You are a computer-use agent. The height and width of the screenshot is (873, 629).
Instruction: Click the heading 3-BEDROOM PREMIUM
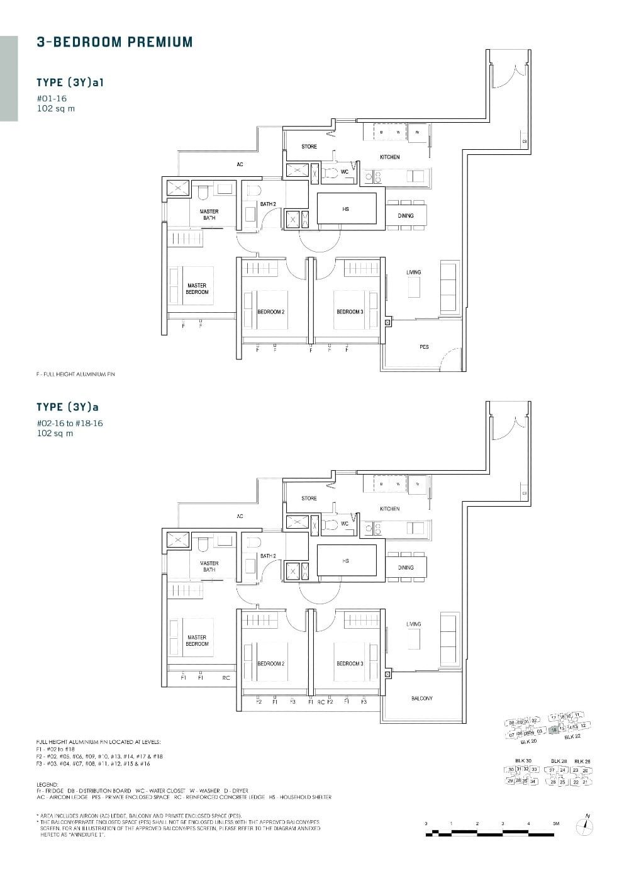pyautogui.click(x=114, y=42)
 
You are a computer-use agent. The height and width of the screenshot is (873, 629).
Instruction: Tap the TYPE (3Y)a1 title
pyautogui.click(x=69, y=82)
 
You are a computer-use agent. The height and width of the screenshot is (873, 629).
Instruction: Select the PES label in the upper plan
pyautogui.click(x=424, y=347)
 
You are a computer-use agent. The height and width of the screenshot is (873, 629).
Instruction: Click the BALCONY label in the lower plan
pyautogui.click(x=422, y=699)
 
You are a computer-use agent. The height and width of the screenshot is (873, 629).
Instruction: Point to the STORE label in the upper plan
pyautogui.click(x=309, y=147)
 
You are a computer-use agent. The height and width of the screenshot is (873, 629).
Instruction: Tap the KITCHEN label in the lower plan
pyautogui.click(x=389, y=509)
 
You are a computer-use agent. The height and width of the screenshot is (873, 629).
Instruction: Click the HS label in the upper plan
pyautogui.click(x=345, y=209)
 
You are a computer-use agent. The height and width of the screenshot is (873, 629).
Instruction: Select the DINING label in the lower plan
pyautogui.click(x=406, y=567)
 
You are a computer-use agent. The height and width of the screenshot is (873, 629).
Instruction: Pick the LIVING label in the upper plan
pyautogui.click(x=413, y=273)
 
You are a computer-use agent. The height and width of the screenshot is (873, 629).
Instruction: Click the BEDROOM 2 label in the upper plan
pyautogui.click(x=271, y=312)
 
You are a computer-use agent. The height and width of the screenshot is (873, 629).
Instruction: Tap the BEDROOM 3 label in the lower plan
pyautogui.click(x=350, y=664)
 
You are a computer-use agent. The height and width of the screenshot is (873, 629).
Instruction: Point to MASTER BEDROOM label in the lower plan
pyautogui.click(x=197, y=641)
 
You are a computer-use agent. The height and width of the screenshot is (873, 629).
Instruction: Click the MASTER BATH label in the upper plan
pyautogui.click(x=209, y=215)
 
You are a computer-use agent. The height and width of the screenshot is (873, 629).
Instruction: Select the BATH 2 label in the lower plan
pyautogui.click(x=268, y=556)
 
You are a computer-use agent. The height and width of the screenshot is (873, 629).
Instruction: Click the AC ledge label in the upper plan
pyautogui.click(x=240, y=165)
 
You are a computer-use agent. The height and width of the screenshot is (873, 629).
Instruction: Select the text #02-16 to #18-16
pyautogui.click(x=70, y=423)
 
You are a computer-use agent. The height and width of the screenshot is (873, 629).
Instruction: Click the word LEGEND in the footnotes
pyautogui.click(x=47, y=784)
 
